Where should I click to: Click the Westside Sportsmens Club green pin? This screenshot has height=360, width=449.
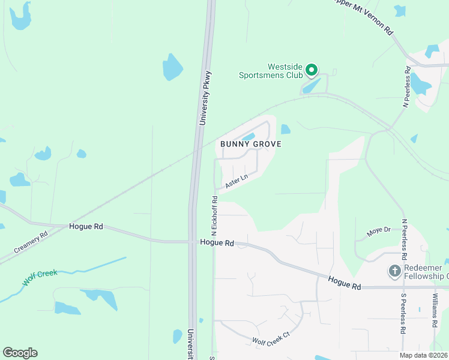tap(311, 71)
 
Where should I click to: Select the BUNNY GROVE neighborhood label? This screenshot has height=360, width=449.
tap(250, 144)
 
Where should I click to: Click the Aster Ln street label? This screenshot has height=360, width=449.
tap(237, 182)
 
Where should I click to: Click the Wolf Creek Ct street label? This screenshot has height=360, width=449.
tap(271, 339)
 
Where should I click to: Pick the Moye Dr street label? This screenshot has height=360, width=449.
tap(379, 230)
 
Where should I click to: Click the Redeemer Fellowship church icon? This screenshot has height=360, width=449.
tap(395, 271)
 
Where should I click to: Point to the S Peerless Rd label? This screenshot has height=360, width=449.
tap(403, 313)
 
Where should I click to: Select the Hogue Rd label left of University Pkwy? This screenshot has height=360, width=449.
tap(86, 227)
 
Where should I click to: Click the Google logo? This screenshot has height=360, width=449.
tap(20, 353)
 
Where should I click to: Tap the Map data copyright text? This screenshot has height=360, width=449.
tap(422, 355)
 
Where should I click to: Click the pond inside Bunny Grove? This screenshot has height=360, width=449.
tap(249, 136)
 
